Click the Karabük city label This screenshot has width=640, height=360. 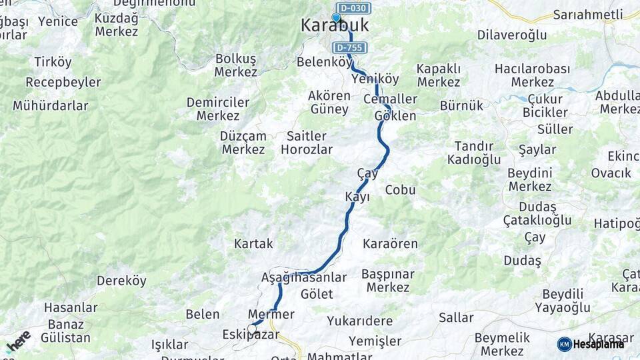(334, 26)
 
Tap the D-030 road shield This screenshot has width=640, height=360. (353, 8)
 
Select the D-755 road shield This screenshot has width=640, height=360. (351, 48)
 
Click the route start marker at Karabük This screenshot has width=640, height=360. (337, 18)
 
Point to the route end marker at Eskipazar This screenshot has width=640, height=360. (252, 328)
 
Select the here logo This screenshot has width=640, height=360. (18, 342)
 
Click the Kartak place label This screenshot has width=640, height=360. (253, 244)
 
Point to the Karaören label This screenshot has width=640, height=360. (390, 244)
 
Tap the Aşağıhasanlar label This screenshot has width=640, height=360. (304, 277)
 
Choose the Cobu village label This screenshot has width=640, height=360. (400, 190)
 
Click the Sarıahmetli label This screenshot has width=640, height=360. (587, 14)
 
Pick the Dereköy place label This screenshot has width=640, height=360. (121, 281)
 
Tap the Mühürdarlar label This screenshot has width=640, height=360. (50, 106)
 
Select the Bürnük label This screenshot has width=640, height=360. (461, 105)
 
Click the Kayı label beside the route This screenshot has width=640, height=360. (357, 197)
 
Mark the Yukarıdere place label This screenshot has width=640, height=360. (359, 321)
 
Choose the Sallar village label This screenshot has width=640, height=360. (456, 317)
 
